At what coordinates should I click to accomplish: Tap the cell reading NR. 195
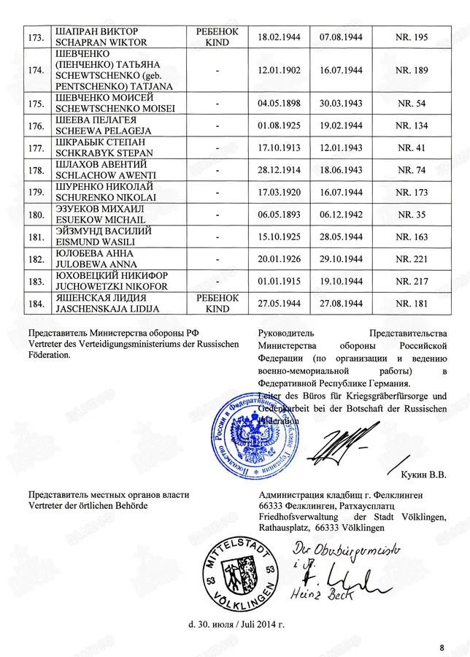pyautogui.click(x=412, y=36)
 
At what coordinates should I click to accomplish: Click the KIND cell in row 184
pyautogui.click(x=217, y=309)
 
